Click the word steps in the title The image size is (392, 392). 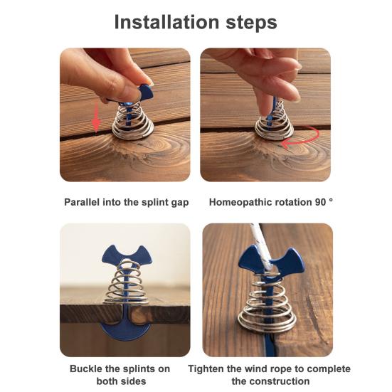coord(250,22)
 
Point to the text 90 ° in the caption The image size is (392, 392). coord(322,202)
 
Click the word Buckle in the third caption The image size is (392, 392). coord(86,369)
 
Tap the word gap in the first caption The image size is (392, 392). coord(180,202)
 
